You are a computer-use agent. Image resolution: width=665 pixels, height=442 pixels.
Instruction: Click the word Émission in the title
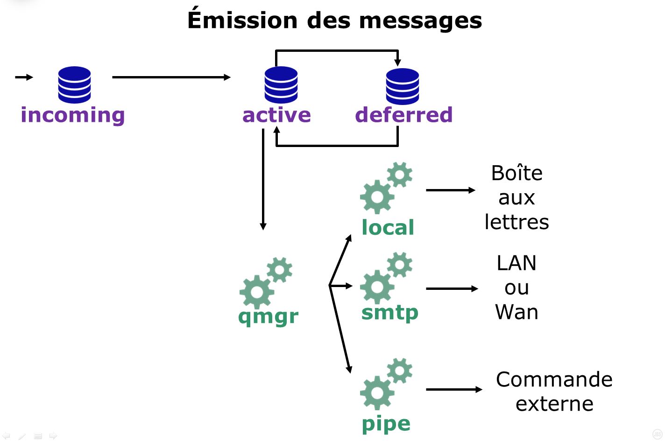[242, 21]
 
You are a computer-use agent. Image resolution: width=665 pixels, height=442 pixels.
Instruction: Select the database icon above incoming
[74, 84]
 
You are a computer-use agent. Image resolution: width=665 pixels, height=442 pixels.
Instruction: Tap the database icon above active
[281, 84]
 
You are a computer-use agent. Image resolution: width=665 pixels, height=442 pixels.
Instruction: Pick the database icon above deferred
[402, 86]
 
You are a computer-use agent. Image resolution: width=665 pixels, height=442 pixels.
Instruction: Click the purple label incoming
[73, 115]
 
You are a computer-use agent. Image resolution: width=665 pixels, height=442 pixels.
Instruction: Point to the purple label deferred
[404, 115]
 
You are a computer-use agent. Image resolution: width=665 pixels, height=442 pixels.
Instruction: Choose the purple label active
[276, 115]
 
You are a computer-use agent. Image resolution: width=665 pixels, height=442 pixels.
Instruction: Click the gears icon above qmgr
[265, 282]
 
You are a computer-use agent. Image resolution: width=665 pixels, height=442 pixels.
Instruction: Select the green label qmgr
[268, 316]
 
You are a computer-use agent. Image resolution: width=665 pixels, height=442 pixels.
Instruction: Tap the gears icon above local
[386, 188]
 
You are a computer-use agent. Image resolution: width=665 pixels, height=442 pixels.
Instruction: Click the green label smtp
[389, 313]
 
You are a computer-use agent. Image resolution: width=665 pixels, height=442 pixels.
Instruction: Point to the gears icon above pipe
[386, 384]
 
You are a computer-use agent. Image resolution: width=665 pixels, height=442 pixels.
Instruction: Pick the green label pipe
[386, 424]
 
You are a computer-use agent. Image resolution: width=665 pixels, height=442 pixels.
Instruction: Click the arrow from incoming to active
[171, 77]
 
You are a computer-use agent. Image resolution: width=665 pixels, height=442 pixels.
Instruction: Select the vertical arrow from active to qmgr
[263, 180]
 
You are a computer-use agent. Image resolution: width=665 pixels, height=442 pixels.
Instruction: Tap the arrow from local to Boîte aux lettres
[450, 190]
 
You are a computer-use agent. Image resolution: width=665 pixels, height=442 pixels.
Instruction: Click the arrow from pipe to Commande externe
[453, 389]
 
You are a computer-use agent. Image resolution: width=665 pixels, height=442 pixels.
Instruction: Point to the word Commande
[554, 379]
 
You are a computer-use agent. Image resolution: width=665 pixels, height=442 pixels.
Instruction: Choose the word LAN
[516, 263]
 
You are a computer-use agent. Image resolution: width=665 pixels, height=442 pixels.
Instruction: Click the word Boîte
[516, 173]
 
